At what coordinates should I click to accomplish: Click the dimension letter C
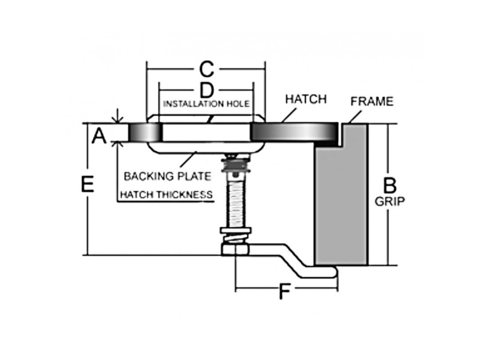coord(206,69)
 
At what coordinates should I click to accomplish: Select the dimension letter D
coord(206,91)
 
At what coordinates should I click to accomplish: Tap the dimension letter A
coord(99,136)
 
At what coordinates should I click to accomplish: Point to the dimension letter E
coord(88,184)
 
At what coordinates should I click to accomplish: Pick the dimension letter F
coord(285,292)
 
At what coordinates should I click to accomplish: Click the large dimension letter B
coord(390,186)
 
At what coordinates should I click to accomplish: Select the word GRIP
coord(390,202)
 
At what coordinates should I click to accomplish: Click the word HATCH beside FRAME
coord(306,99)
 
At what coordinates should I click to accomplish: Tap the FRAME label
coord(372,101)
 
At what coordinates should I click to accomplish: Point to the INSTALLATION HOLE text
coord(206,104)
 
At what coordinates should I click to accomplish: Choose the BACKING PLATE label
coord(167,176)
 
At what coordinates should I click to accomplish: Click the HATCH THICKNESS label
coord(166,194)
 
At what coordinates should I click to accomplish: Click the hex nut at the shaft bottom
coord(235,249)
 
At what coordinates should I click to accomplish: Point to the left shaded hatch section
coord(145,132)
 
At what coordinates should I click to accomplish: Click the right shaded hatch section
coord(294,132)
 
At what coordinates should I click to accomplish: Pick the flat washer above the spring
coord(235,230)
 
